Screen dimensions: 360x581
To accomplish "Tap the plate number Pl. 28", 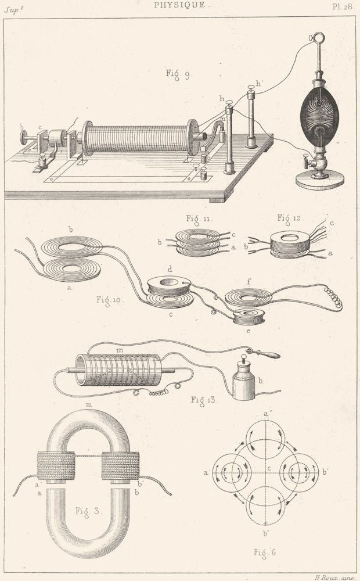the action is [x=342, y=6].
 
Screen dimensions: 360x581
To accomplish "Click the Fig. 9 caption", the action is [x=178, y=75].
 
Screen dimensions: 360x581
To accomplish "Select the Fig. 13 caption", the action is [x=204, y=400].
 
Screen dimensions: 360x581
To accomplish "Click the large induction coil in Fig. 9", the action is [x=141, y=138].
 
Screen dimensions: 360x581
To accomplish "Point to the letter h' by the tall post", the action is [x=259, y=84].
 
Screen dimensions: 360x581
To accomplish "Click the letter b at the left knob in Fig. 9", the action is [x=22, y=127].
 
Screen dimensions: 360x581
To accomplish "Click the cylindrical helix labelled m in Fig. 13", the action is [x=118, y=370].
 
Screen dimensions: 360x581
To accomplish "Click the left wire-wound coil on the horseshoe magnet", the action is [x=56, y=465].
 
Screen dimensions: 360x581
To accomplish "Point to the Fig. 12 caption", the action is [x=289, y=218].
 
